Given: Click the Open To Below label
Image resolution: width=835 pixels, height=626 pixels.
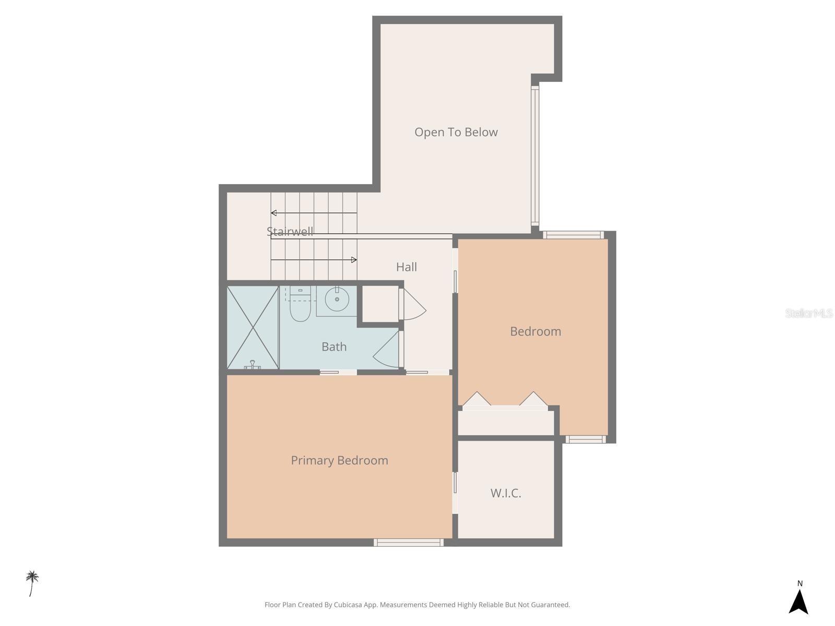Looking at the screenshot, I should tap(456, 132).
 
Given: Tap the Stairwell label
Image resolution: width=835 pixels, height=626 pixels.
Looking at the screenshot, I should tap(290, 231).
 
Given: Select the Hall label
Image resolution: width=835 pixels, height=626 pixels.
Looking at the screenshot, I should tap(406, 267).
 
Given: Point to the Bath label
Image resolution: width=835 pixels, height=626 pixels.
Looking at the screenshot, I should tap(333, 346).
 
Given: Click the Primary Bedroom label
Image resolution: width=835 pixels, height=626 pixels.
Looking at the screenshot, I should tap(339, 460).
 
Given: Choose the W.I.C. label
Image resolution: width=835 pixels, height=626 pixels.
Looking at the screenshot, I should tap(505, 493).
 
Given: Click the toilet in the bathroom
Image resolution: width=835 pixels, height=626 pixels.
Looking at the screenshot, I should tap(300, 308).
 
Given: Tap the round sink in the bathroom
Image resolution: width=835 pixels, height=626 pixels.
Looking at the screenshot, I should tap(337, 299).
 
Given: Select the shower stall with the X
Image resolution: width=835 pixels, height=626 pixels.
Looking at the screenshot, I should tap(253, 327).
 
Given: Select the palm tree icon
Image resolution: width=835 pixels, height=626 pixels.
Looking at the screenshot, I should tap(32, 582).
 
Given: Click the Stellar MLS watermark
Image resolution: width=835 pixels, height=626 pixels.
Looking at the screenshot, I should tap(808, 313).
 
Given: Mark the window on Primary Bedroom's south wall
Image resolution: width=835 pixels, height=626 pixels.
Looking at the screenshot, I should tap(409, 543).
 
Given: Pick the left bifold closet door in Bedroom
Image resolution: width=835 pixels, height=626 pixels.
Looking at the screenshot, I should tap(476, 399).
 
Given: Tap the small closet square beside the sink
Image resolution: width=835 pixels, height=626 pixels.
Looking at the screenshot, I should tap(380, 303).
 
